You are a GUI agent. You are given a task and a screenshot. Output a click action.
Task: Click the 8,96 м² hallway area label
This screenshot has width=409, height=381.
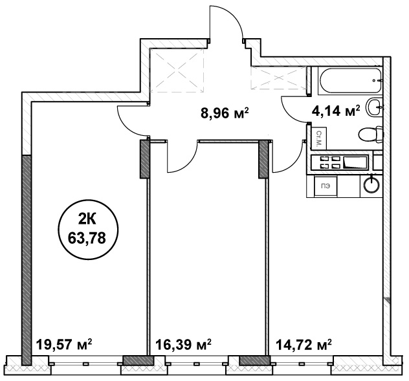tap(225, 113)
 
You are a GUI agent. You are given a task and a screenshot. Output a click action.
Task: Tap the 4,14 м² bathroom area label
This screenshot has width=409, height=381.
tap(336, 111)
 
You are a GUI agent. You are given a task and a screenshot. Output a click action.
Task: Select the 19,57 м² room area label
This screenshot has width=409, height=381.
tap(64, 344)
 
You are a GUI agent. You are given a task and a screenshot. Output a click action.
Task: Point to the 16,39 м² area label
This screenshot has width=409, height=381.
tap(183, 344)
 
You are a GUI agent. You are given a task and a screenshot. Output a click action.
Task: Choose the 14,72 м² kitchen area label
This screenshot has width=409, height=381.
tap(304, 344)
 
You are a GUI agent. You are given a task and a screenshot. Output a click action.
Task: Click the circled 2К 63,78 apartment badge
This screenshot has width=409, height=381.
tap(87, 231)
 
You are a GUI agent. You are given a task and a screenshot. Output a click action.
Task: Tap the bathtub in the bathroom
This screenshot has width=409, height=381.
tap(350, 81)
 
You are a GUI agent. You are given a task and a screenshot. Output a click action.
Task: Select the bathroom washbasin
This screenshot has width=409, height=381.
tap(375, 107)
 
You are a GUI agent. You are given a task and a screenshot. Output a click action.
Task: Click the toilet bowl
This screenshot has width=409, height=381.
tap(371, 135)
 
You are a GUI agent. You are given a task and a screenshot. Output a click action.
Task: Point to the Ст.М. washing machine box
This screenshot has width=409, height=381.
tap(319, 138)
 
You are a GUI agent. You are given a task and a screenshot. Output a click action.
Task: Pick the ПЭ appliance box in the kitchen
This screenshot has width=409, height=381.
tap(326, 186)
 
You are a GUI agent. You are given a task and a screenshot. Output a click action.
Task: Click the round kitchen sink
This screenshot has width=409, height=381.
tap(371, 184)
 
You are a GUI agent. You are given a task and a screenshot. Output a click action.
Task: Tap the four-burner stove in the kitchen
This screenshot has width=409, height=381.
tap(340, 162)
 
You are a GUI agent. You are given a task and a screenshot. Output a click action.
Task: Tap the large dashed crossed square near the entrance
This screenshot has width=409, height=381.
tap(177, 70)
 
